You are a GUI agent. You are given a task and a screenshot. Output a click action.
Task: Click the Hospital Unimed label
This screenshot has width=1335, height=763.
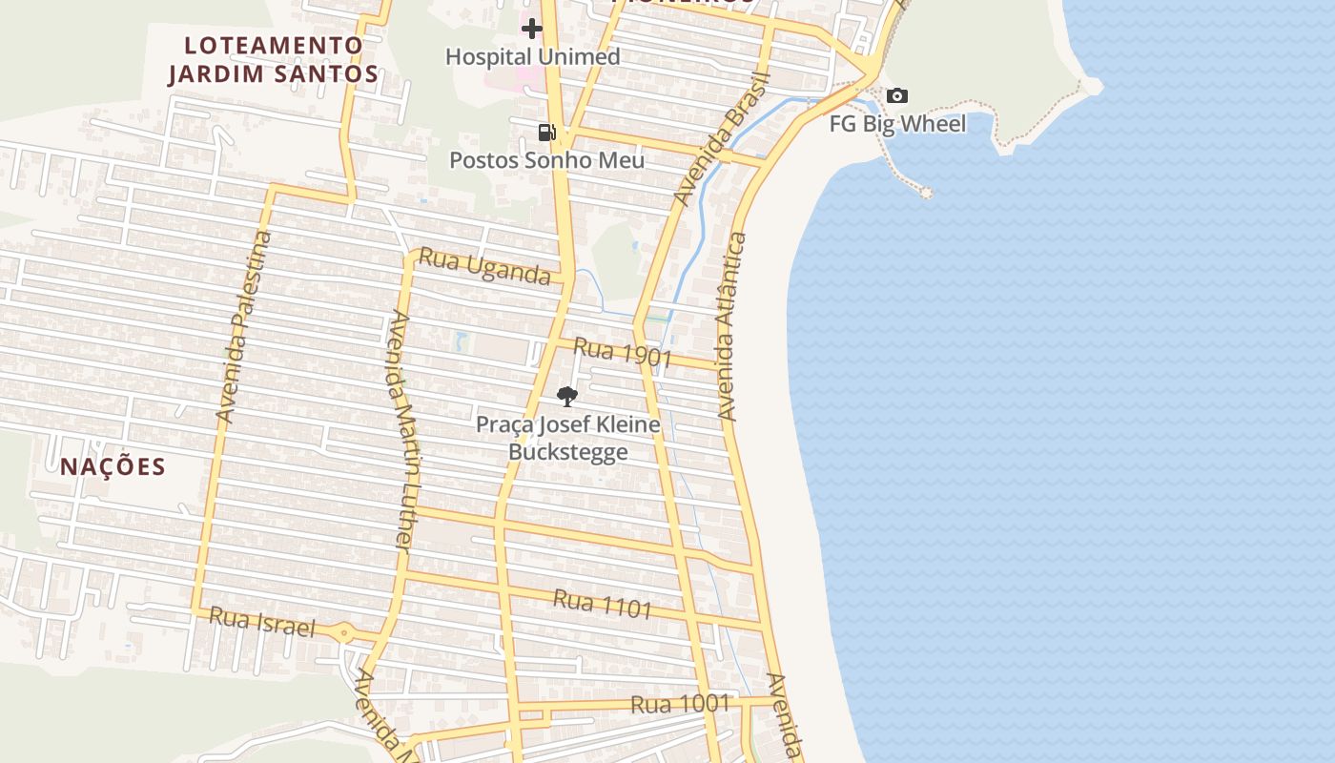coord(532,56)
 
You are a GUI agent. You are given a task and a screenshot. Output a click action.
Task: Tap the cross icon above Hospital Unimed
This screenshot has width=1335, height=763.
coord(532,29)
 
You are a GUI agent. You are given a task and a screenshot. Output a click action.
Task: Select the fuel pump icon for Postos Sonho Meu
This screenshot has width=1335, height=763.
coord(546,133)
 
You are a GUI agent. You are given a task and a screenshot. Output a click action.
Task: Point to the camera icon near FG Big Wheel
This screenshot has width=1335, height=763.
coord(896,95)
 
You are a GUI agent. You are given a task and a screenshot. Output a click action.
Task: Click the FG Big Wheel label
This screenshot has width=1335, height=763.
coord(896,124)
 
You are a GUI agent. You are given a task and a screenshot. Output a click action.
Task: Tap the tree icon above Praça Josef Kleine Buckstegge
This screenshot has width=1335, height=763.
coord(567,397)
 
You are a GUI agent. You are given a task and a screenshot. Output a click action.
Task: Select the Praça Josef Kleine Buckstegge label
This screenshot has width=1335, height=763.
coord(567,438)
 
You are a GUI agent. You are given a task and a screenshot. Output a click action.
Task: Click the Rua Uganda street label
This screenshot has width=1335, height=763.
coord(484,267)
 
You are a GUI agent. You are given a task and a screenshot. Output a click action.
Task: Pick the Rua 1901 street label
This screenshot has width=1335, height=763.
coord(623,353)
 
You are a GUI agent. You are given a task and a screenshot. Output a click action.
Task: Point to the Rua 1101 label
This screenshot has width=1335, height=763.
coord(603,604)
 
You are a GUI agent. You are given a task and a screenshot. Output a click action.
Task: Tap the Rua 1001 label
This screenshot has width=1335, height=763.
coord(680,705)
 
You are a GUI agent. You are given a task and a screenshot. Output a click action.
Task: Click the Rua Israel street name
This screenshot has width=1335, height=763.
coord(261,622)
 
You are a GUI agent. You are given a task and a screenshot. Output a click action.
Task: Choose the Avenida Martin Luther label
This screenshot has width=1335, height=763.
coord(401,431)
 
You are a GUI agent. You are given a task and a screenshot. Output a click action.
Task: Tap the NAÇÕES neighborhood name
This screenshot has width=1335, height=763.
coord(113,466)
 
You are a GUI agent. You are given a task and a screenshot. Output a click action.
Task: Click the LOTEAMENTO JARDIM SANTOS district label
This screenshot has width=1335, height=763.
coord(274,59)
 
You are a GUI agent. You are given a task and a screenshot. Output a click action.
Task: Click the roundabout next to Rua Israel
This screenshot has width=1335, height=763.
coord(343,631)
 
